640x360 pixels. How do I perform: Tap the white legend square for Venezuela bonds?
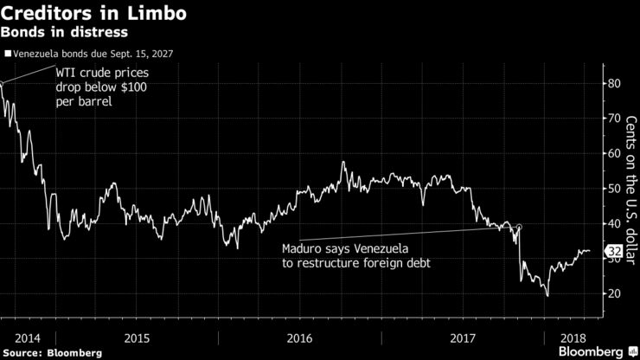pos(8,53)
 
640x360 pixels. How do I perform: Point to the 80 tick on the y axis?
pos(613,83)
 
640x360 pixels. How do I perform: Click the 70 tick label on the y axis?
pos(613,118)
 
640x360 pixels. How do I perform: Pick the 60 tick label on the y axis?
pos(613,153)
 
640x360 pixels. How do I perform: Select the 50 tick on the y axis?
pos(613,188)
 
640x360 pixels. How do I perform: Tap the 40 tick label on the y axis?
pos(613,223)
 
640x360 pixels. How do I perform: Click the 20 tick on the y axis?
pos(613,293)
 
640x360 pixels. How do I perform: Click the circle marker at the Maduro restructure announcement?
pos(519,227)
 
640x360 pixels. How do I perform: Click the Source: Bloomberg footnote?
pos(52,353)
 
